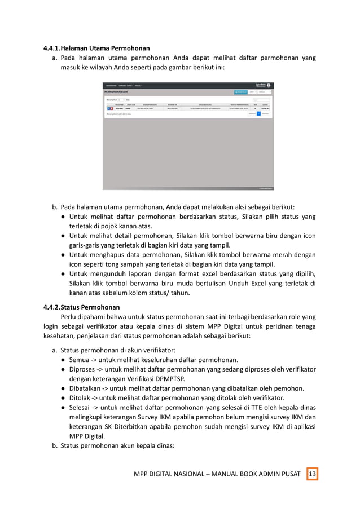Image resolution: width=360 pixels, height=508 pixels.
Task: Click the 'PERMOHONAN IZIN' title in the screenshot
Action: point(117,91)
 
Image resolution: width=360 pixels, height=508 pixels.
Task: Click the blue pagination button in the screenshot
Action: point(258,113)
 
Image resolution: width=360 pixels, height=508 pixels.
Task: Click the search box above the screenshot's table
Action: point(261,99)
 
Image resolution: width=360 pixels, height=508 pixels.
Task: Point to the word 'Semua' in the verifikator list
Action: point(80,360)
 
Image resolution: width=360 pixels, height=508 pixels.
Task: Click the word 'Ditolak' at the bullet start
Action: point(81,397)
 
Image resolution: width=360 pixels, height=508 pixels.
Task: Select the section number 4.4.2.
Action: point(55,307)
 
